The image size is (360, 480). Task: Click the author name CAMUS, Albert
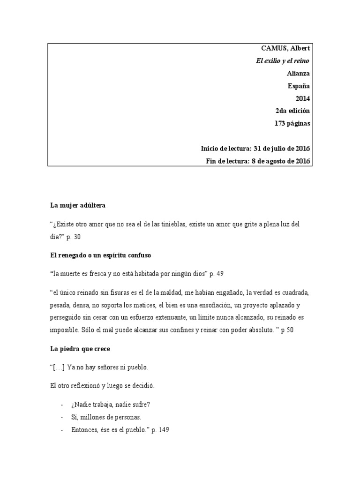coord(285,48)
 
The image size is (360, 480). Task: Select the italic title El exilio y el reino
coord(282,61)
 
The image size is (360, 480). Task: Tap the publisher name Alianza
coord(298,73)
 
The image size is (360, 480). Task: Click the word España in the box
coord(299,86)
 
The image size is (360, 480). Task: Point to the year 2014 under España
coord(302,98)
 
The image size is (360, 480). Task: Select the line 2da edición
coord(292,111)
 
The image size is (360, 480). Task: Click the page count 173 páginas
coord(292,124)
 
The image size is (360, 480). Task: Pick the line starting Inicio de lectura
coord(255,149)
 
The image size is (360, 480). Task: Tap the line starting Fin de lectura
coord(258,161)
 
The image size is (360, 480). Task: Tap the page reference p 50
coord(286,330)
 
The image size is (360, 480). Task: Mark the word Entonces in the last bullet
coord(85,429)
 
